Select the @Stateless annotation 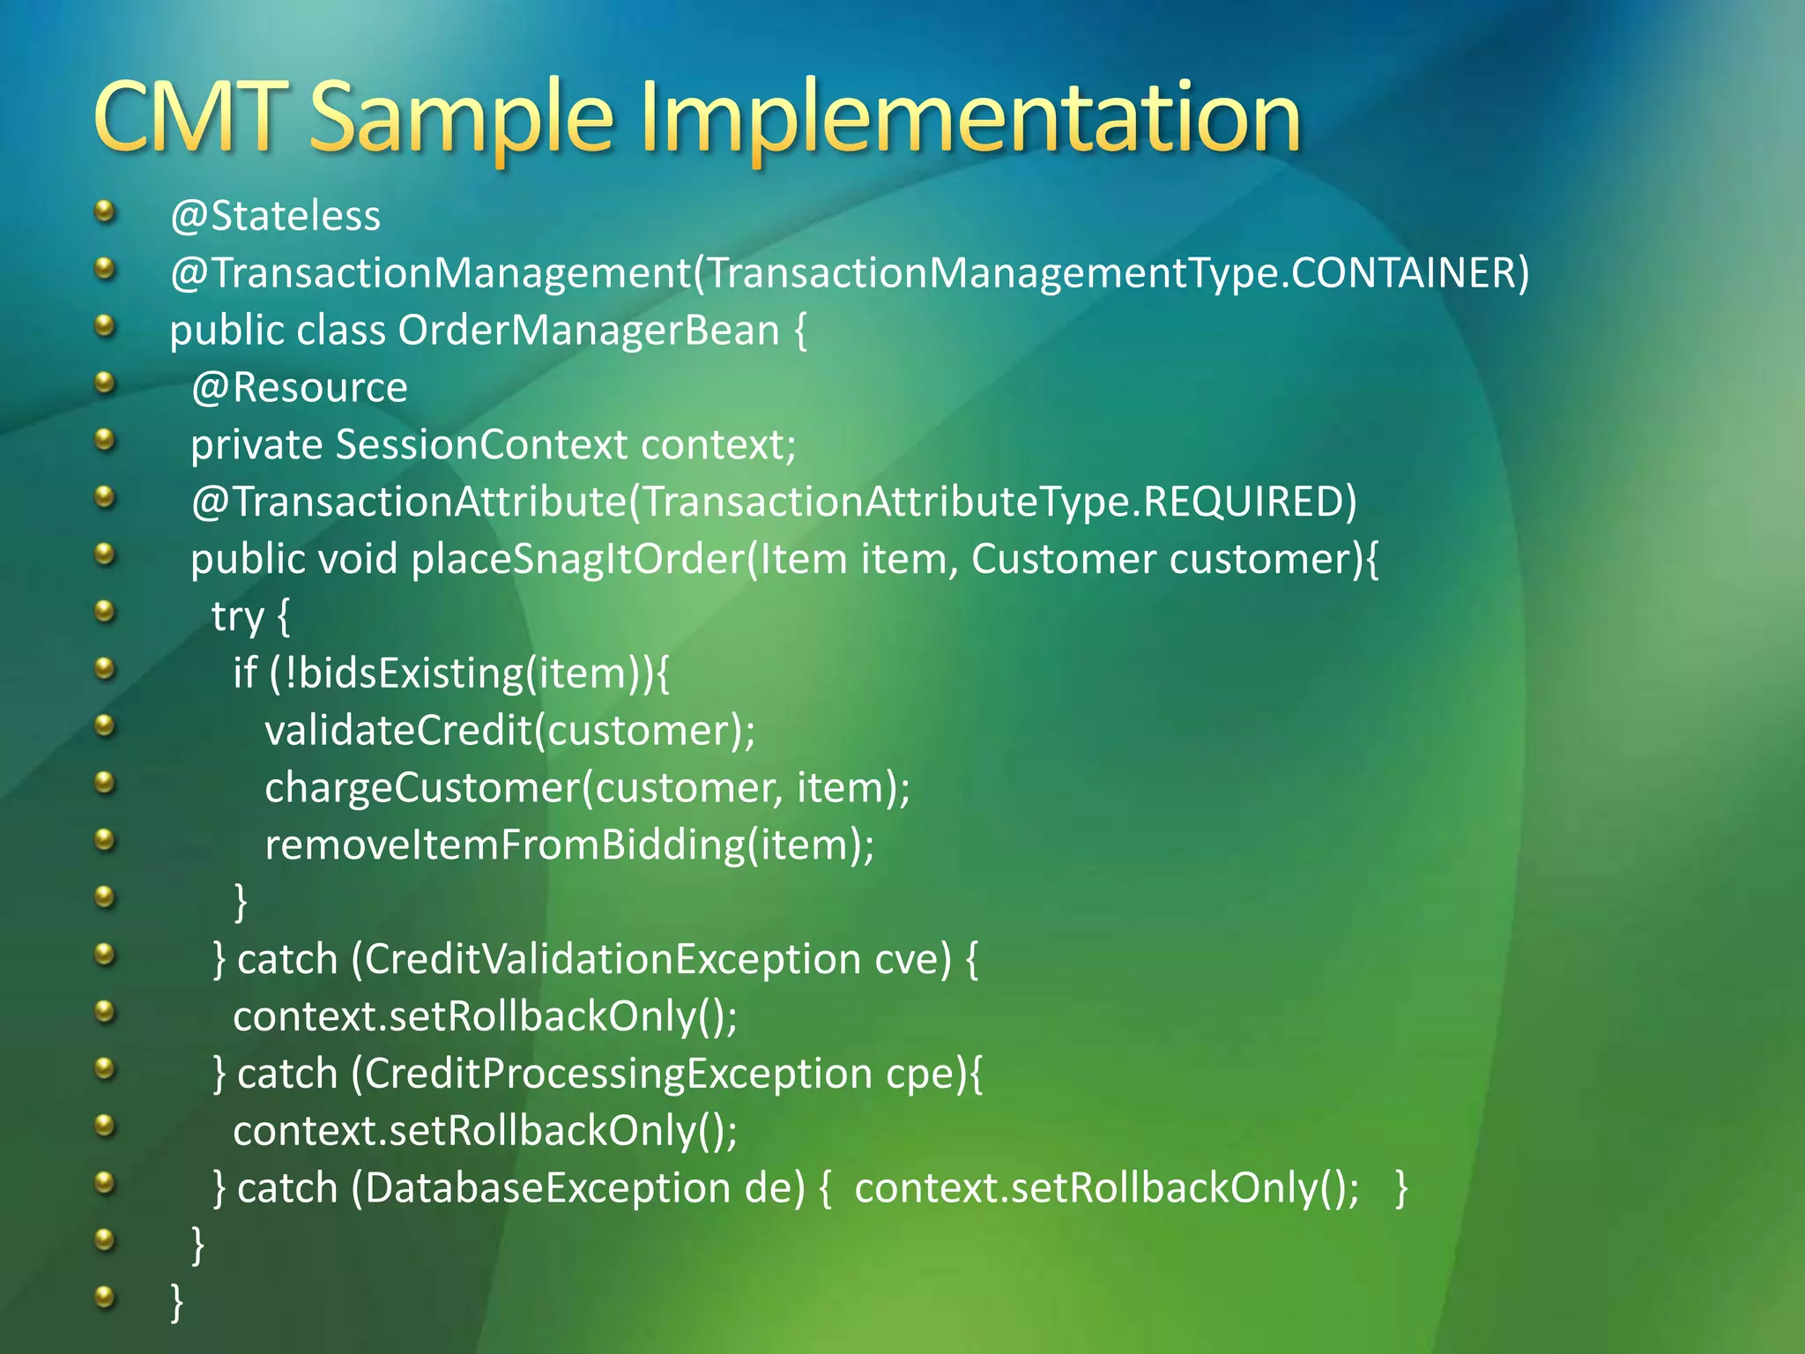coord(275,217)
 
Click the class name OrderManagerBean coord(589,331)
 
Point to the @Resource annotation coord(300,388)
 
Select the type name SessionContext coord(481,445)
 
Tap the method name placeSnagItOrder coord(578,560)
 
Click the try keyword coord(238,617)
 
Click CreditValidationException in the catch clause coord(613,960)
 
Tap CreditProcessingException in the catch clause coord(618,1075)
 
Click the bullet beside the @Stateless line coord(105,211)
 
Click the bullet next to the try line coord(105,611)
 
